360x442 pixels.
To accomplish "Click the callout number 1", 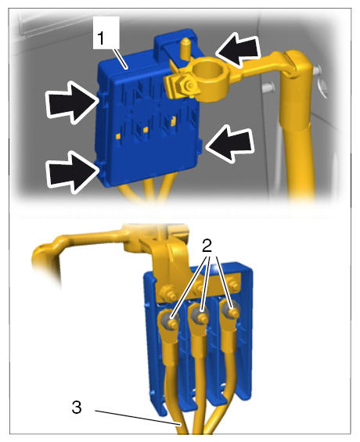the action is (x=101, y=38).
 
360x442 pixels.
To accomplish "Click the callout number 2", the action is (x=207, y=246).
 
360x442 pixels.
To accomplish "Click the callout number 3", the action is (x=77, y=408).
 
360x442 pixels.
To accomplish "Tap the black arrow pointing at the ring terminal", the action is (x=238, y=49).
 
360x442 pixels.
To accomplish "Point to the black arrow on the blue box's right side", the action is (x=229, y=144).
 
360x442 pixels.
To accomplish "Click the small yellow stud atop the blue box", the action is (x=185, y=48).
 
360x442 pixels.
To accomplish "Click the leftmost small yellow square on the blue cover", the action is (x=118, y=137).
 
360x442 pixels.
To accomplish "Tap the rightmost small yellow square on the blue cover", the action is (x=173, y=120).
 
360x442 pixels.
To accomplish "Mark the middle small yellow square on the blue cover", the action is (x=146, y=129).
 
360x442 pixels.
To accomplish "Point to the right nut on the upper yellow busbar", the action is (x=232, y=284).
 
